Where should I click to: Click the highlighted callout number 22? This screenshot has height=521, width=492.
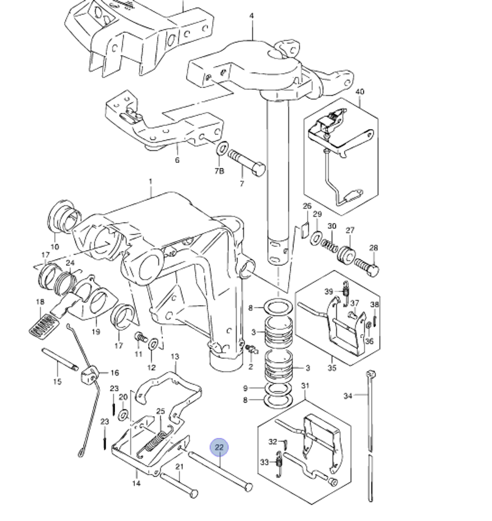219,447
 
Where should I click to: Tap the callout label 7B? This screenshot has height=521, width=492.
219,171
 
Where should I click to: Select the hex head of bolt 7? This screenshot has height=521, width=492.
259,169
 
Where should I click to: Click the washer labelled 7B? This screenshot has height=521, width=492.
222,148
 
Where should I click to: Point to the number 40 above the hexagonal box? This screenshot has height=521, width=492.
360,92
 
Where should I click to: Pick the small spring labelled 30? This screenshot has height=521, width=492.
329,246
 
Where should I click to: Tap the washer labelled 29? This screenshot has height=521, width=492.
316,238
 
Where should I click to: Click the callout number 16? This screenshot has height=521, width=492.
115,373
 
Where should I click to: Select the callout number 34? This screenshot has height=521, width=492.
347,396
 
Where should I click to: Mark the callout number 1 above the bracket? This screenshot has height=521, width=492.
151,182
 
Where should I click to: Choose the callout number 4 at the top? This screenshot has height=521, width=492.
251,16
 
